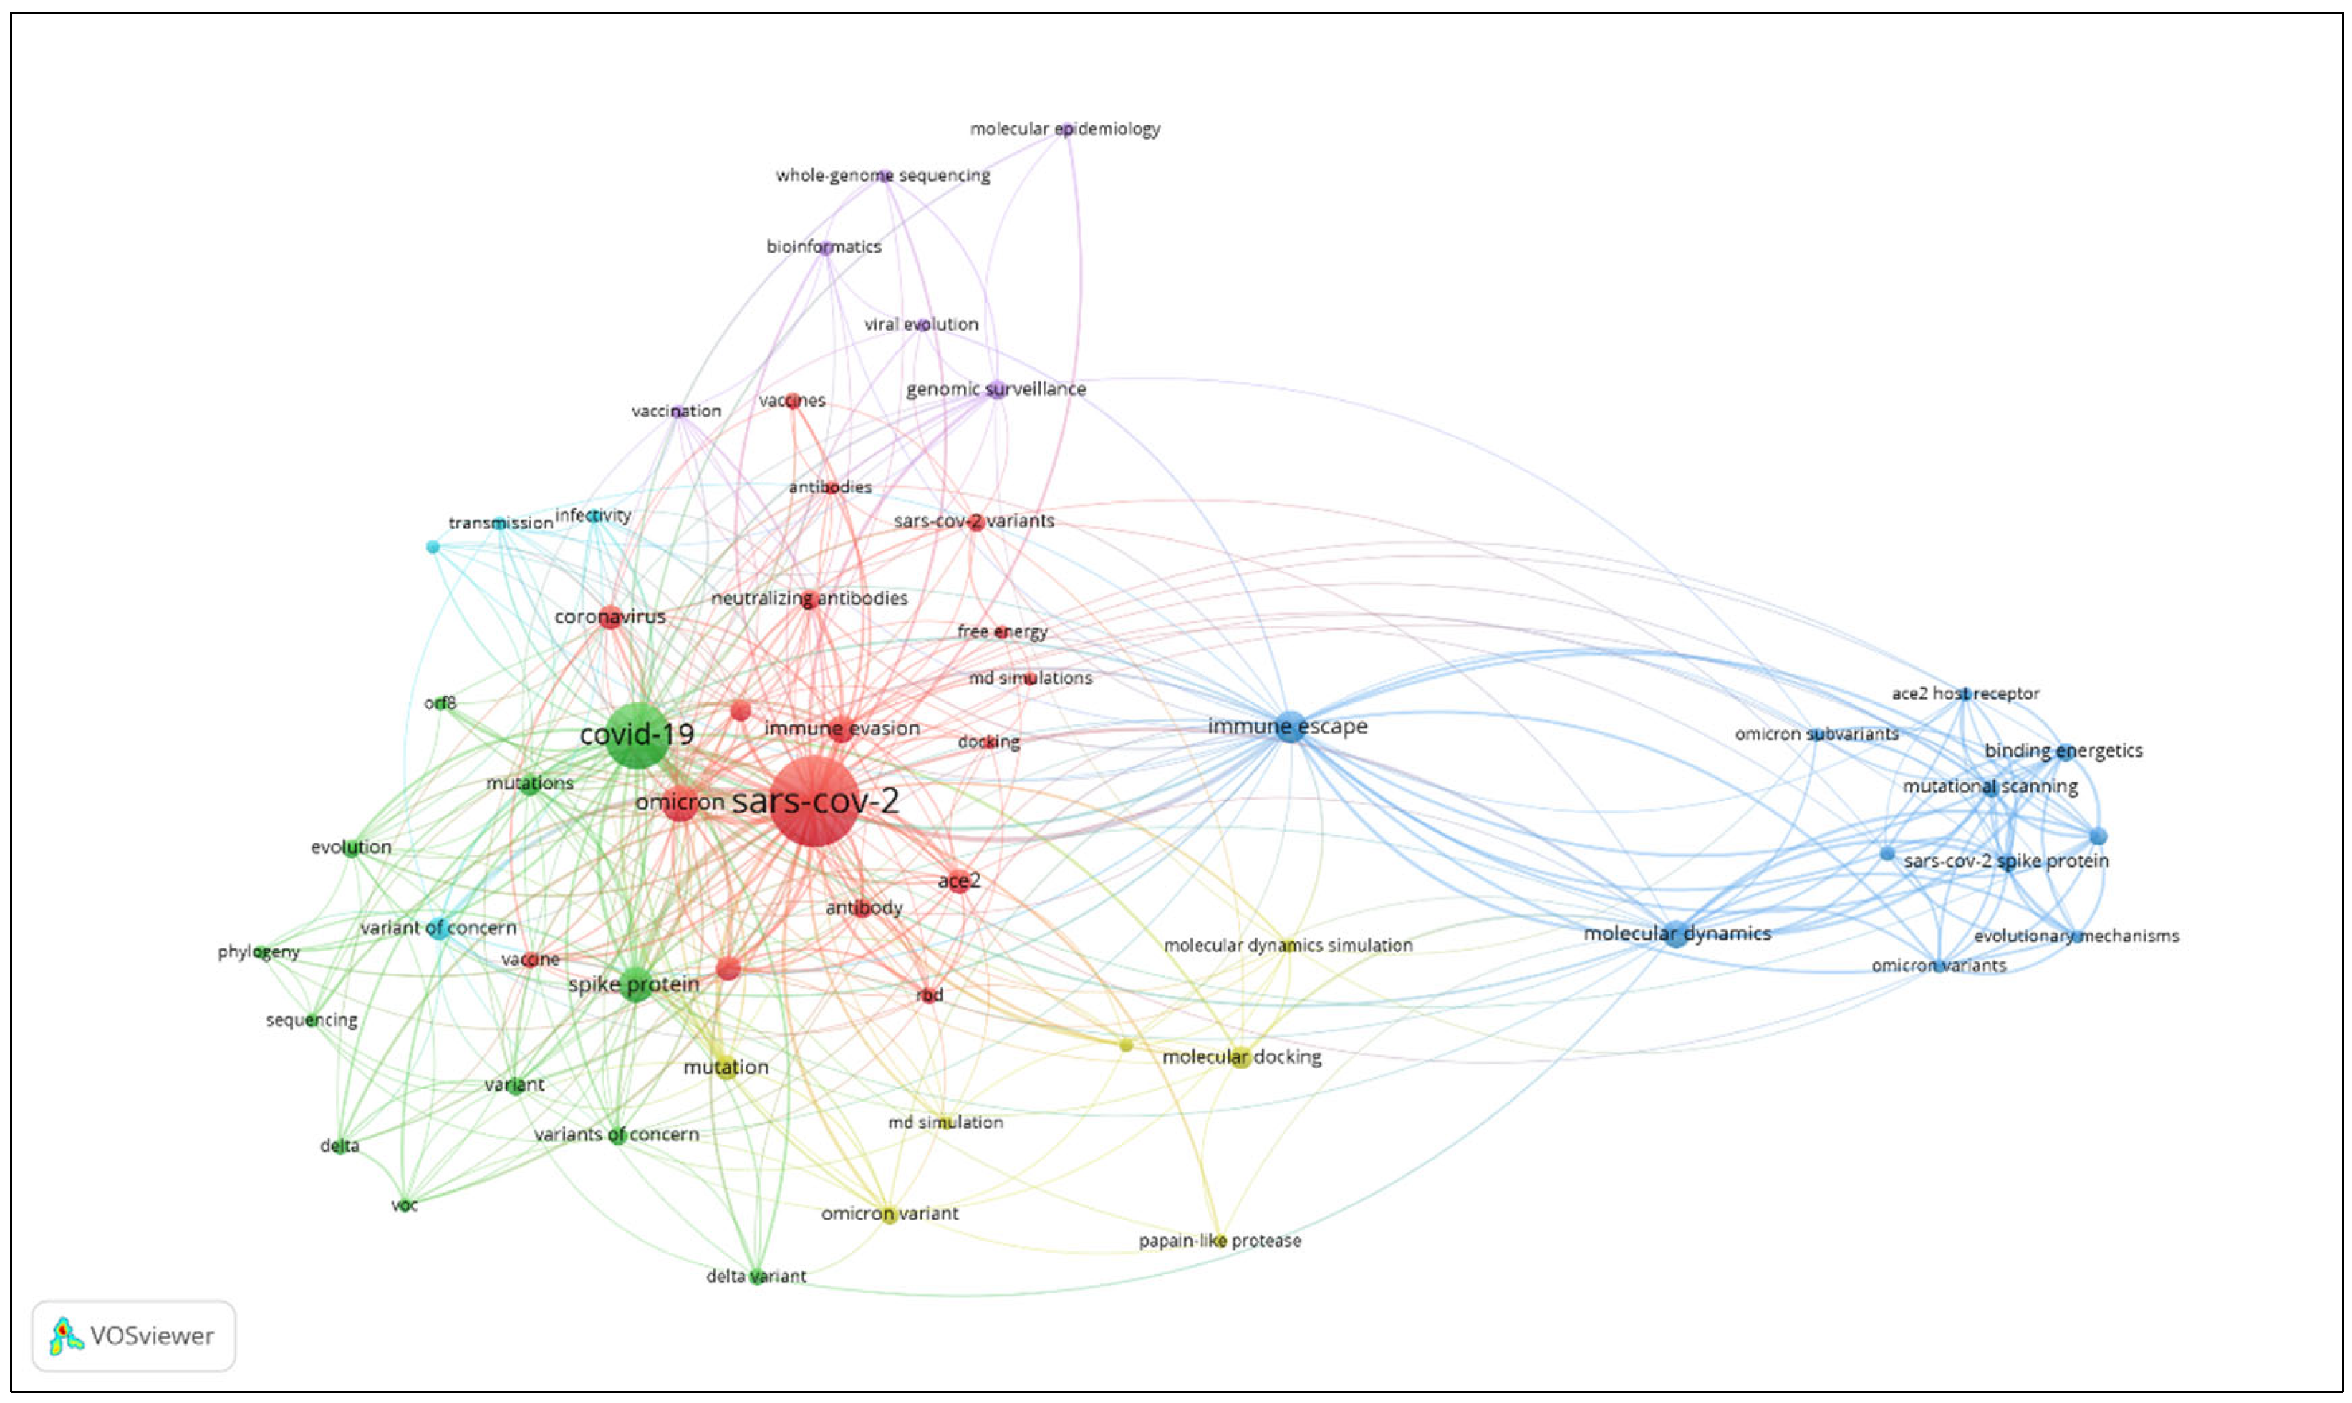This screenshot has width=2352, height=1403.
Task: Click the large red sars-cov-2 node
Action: click(x=814, y=801)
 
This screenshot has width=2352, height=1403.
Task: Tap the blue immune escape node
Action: click(x=1290, y=727)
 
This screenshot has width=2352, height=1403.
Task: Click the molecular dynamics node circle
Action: click(x=1676, y=934)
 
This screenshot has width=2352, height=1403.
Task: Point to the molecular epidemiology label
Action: click(x=1065, y=129)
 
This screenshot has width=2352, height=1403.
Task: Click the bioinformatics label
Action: click(x=824, y=247)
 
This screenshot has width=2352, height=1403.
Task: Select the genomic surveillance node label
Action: click(x=996, y=389)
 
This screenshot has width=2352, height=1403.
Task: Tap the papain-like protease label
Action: click(x=1219, y=1241)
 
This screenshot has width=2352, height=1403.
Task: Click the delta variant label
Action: click(x=756, y=1276)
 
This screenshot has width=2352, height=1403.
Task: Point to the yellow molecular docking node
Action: click(x=1240, y=1058)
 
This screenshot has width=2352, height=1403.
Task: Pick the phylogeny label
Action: click(x=258, y=951)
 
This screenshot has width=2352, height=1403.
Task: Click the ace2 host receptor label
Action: click(x=1965, y=693)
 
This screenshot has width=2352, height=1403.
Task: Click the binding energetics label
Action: click(x=2063, y=751)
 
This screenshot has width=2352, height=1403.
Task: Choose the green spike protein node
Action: click(x=635, y=984)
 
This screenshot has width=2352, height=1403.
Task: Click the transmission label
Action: click(x=501, y=523)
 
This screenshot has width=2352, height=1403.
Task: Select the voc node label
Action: click(x=405, y=1205)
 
